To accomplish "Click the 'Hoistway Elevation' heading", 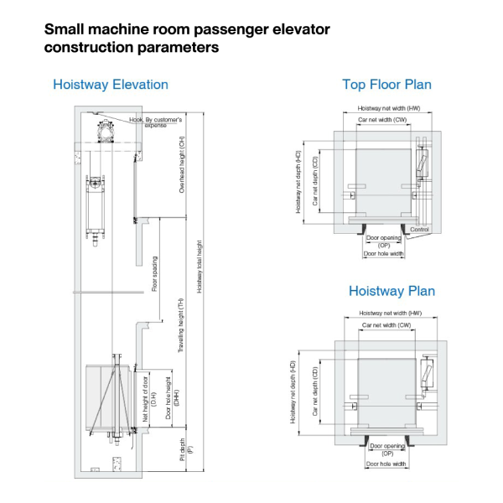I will (110, 85).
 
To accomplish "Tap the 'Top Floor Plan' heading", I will (386, 85).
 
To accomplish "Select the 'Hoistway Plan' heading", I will (392, 291).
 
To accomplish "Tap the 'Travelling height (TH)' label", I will (182, 324).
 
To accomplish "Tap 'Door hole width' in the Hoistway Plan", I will (386, 464).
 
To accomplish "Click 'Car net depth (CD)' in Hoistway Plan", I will (315, 389).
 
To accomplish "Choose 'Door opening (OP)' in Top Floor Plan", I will (384, 241).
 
